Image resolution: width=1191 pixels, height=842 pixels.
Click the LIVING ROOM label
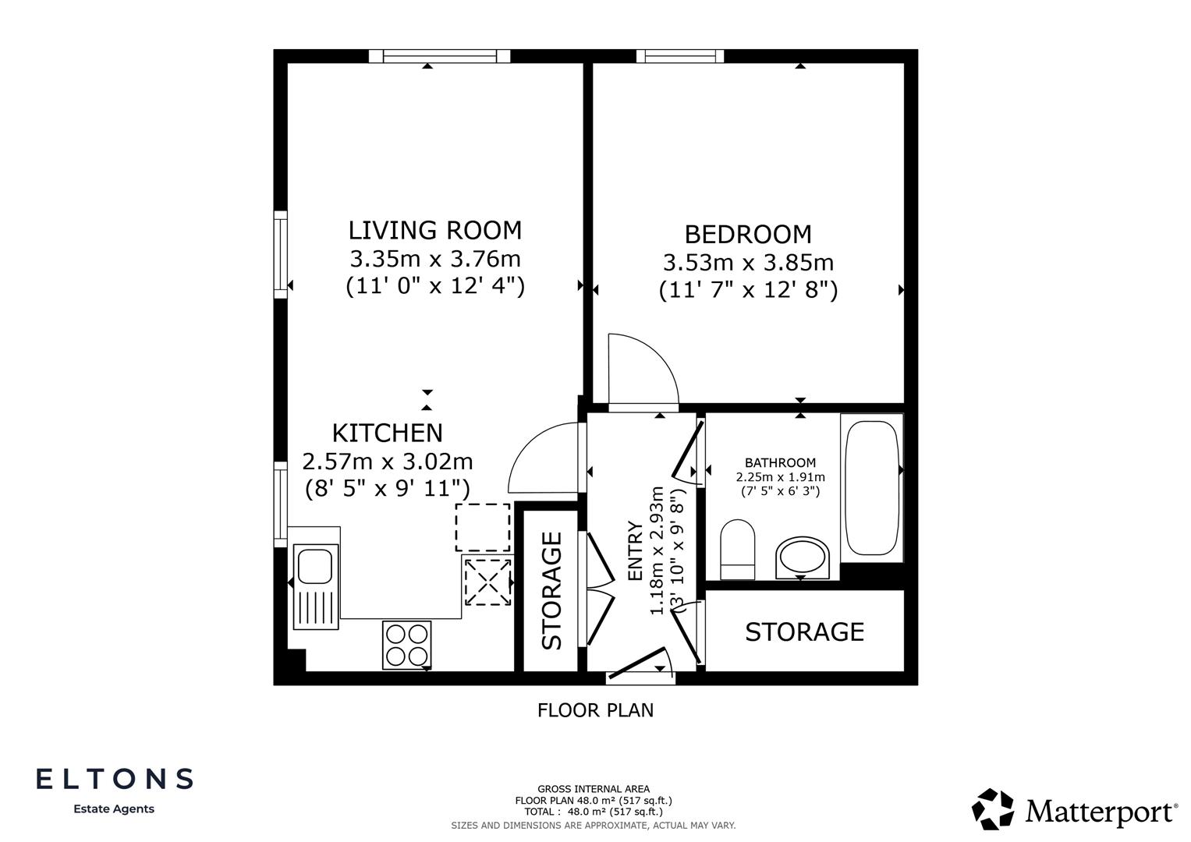tap(434, 231)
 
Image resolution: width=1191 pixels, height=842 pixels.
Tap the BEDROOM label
tap(747, 235)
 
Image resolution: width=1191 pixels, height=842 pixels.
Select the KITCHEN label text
tap(387, 433)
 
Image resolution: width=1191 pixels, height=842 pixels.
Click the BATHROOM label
tap(779, 463)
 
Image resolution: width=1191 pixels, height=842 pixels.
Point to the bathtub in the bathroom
tap(871, 488)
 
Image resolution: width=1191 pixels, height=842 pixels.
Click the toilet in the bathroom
tap(737, 549)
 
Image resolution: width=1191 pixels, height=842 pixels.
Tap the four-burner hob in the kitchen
tap(406, 645)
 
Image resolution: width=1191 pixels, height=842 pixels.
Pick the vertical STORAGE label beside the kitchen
tap(551, 590)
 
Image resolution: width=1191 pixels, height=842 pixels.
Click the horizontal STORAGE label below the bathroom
tap(804, 631)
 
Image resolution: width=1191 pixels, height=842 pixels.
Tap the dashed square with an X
tap(487, 582)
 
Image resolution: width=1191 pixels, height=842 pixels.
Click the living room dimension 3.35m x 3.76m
tap(434, 258)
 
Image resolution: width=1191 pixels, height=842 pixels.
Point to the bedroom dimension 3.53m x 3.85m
tap(747, 263)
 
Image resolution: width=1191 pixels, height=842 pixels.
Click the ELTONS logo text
tap(115, 778)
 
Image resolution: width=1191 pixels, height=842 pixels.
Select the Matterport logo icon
tap(994, 809)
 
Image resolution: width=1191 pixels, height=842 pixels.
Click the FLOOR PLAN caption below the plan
tap(595, 710)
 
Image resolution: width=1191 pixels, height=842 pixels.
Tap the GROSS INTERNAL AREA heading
tap(593, 789)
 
